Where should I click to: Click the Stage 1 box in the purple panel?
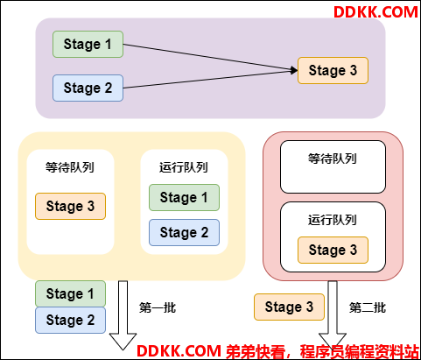pyautogui.click(x=88, y=45)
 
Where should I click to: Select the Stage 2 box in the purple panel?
pyautogui.click(x=88, y=88)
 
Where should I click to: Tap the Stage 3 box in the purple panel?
pyautogui.click(x=333, y=71)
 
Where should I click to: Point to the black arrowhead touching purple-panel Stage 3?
pyautogui.click(x=294, y=70)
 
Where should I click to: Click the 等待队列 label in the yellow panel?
pyautogui.click(x=70, y=167)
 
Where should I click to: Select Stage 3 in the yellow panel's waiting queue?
pyautogui.click(x=70, y=206)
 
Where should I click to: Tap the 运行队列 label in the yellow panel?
pyautogui.click(x=184, y=167)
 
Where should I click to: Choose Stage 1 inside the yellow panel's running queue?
pyautogui.click(x=184, y=197)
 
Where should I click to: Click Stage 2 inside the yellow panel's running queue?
pyautogui.click(x=184, y=232)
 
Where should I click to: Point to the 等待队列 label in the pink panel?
pyautogui.click(x=333, y=159)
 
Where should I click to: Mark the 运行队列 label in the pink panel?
pyautogui.click(x=333, y=220)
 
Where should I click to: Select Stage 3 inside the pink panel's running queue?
pyautogui.click(x=333, y=250)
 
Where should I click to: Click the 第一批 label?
pyautogui.click(x=158, y=307)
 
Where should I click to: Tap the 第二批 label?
pyautogui.click(x=368, y=307)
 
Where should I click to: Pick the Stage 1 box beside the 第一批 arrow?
pyautogui.click(x=70, y=293)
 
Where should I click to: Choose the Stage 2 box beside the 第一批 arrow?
pyautogui.click(x=70, y=320)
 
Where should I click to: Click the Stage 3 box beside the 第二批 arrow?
pyautogui.click(x=289, y=307)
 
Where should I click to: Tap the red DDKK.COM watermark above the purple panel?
pyautogui.click(x=375, y=12)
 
